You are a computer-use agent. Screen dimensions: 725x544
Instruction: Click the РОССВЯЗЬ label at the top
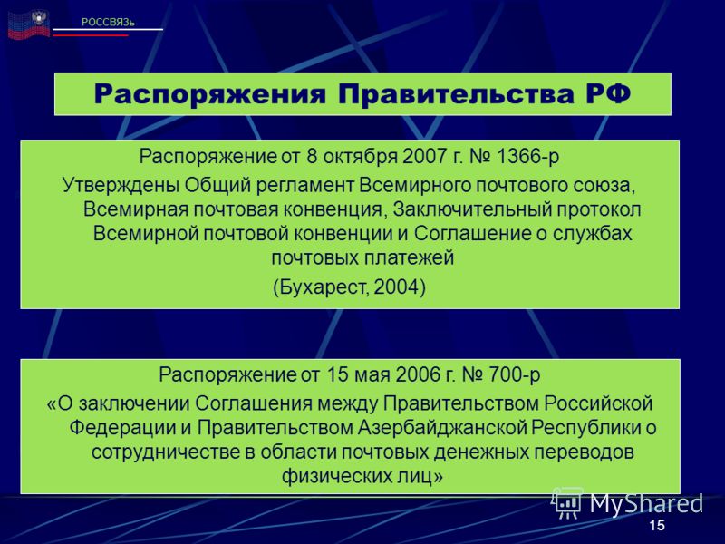108,22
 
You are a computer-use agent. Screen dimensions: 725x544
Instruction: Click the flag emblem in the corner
29,24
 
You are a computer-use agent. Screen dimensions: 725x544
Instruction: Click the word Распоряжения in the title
210,94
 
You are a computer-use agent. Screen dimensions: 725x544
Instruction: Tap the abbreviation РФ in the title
608,93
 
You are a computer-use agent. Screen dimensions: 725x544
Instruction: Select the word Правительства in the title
456,94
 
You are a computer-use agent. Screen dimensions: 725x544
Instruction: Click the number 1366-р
527,156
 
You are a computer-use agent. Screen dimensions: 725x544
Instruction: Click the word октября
360,157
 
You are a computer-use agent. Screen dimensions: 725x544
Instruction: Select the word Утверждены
121,186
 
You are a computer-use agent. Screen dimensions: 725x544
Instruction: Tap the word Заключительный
472,209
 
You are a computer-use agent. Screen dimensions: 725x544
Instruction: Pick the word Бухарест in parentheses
322,287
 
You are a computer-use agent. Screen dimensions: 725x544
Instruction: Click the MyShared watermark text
645,504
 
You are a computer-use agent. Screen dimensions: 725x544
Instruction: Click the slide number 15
656,525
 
